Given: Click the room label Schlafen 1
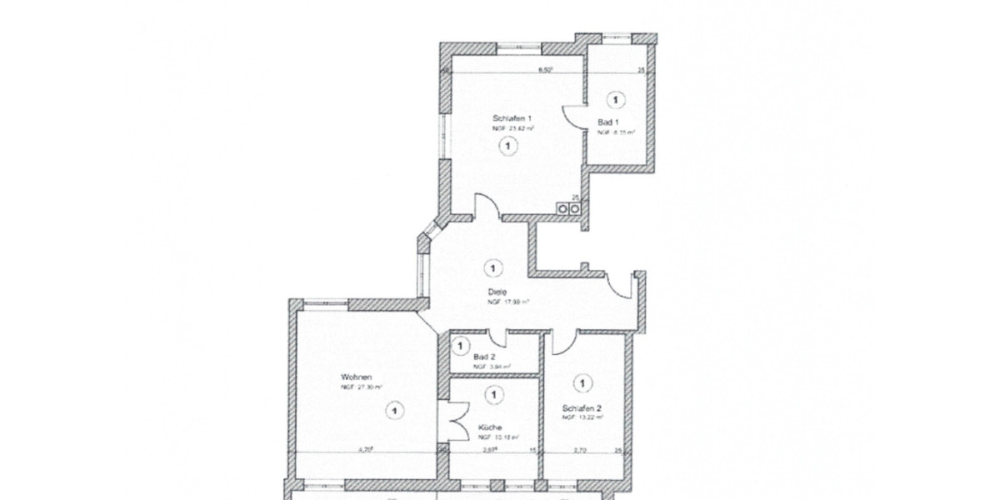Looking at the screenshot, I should tap(512, 119).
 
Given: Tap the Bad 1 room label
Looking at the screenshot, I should tap(607, 122).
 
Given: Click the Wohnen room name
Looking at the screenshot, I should tap(356, 377).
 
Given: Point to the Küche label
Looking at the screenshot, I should tap(490, 427).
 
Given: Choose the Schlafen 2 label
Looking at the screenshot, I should tap(582, 408).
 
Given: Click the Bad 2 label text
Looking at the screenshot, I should tap(484, 357).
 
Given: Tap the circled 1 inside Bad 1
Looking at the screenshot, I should tap(615, 100).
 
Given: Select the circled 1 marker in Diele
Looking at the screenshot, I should tap(493, 268).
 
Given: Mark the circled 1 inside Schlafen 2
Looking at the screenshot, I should tap(582, 383).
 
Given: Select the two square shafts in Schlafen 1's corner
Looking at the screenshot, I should tap(569, 208).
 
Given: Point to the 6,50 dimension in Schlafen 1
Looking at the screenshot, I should tap(546, 71).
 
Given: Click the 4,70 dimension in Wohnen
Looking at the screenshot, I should tap(364, 450).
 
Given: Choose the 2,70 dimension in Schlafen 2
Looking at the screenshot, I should tap(582, 450).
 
